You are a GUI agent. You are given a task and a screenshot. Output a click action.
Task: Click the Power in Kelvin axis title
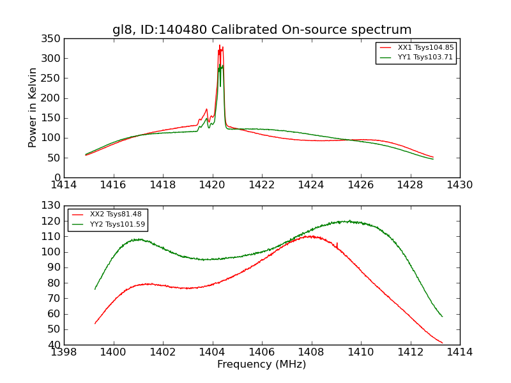pyautogui.click(x=33, y=108)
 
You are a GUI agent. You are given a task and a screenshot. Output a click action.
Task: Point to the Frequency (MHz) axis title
pyautogui.click(x=262, y=364)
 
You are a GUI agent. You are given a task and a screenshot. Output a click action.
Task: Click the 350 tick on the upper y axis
pyautogui.click(x=52, y=38)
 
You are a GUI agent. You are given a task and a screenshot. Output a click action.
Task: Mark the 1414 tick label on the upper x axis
pyautogui.click(x=64, y=184)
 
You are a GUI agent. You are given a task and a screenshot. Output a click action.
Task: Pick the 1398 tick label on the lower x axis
pyautogui.click(x=64, y=352)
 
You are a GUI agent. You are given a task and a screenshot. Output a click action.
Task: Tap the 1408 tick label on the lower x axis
pyautogui.click(x=311, y=352)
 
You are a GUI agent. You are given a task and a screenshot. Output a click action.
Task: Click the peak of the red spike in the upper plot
pyautogui.click(x=219, y=45)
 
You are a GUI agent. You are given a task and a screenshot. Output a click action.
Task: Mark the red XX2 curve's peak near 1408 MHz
pyautogui.click(x=310, y=236)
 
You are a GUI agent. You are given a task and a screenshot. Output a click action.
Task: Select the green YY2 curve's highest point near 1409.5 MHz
pyautogui.click(x=346, y=221)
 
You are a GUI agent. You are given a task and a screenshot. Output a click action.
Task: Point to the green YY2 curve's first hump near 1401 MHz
pyautogui.click(x=137, y=239)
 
